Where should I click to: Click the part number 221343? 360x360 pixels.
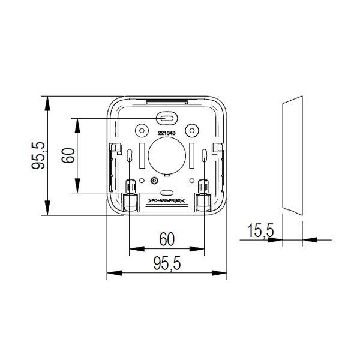click(x=167, y=133)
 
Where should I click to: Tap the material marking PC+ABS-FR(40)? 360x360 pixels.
click(x=167, y=200)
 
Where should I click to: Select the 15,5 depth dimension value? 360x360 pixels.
click(x=260, y=230)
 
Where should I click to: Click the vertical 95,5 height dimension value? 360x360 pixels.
click(x=38, y=156)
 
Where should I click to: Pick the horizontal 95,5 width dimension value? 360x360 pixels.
click(x=167, y=263)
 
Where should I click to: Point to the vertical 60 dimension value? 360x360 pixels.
click(x=68, y=155)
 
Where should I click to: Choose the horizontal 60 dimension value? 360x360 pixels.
click(x=167, y=239)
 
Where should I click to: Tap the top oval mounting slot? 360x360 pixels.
click(x=167, y=118)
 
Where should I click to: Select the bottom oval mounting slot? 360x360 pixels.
click(x=167, y=193)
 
